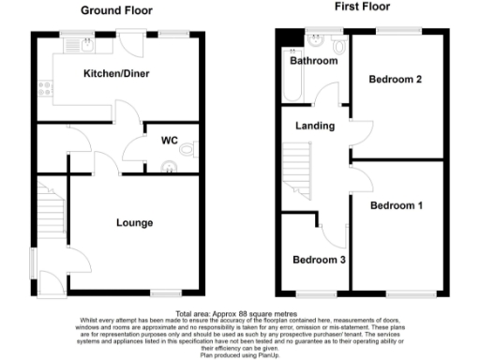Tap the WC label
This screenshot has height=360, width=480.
pyautogui.click(x=170, y=141)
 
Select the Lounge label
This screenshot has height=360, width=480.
pyautogui.click(x=134, y=223)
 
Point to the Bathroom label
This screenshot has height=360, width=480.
pyautogui.click(x=313, y=61)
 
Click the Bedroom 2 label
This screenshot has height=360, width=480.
pyautogui.click(x=394, y=80)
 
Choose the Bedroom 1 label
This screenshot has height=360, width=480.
pyautogui.click(x=396, y=205)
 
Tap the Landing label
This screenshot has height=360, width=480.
pyautogui.click(x=314, y=126)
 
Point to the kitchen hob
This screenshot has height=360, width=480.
pyautogui.click(x=44, y=91)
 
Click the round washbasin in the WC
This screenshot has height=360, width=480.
pyautogui.click(x=170, y=167)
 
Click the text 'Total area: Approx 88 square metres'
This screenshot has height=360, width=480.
pyautogui.click(x=240, y=313)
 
